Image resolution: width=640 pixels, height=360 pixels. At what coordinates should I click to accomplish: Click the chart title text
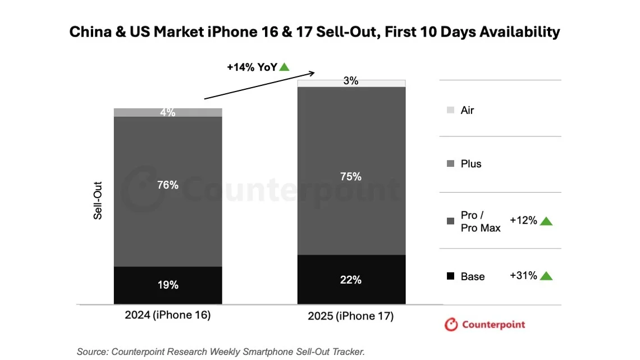(314, 32)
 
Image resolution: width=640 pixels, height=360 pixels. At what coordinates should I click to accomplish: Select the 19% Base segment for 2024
(168, 285)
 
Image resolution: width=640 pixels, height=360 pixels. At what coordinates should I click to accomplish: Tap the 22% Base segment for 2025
(351, 280)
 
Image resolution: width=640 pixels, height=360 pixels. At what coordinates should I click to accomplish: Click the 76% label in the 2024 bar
(168, 185)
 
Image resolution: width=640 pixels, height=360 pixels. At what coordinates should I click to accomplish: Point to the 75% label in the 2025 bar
(351, 176)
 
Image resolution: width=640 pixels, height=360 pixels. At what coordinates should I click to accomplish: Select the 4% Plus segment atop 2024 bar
(168, 112)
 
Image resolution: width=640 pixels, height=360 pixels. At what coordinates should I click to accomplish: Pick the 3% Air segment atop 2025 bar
(351, 83)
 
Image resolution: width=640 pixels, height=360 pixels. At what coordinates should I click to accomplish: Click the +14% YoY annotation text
(252, 67)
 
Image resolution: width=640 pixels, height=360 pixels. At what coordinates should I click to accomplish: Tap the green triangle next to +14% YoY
(284, 67)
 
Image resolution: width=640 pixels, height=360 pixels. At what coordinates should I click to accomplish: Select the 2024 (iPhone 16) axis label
(168, 315)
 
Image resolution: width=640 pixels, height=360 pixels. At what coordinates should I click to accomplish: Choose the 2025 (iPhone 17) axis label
(351, 316)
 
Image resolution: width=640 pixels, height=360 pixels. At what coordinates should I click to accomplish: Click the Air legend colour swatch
(450, 111)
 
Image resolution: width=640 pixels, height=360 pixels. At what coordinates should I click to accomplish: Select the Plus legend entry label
(471, 164)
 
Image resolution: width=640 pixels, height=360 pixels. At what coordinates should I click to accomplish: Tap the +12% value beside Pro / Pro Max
(523, 221)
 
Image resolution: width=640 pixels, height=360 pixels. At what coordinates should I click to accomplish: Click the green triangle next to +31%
(546, 276)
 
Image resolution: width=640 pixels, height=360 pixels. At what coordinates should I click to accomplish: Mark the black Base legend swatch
(450, 276)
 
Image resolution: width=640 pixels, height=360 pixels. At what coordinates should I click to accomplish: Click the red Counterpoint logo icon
(451, 325)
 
